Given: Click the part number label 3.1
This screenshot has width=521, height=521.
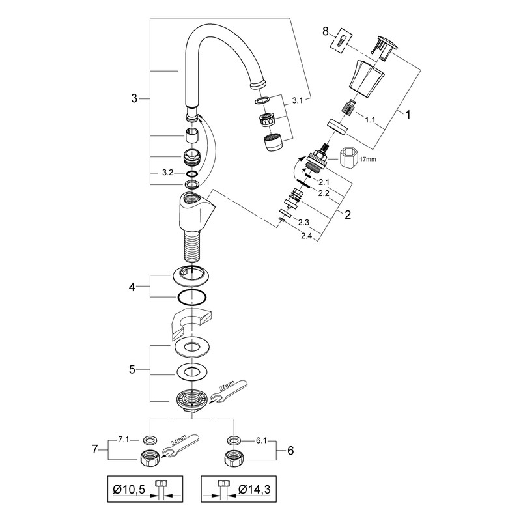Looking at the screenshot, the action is (298, 100).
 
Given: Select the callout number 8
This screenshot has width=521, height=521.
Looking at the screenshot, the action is (325, 31).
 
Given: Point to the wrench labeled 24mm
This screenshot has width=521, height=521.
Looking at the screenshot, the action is (180, 446).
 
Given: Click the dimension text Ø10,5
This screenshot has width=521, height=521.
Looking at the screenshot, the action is (129, 489).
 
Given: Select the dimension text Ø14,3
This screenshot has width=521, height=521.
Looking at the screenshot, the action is (254, 489).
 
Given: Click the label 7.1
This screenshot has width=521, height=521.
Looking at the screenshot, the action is (124, 440).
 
